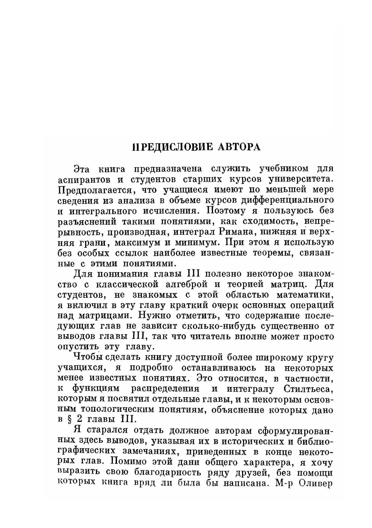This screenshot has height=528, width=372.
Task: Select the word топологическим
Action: pyautogui.click(x=116, y=410)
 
